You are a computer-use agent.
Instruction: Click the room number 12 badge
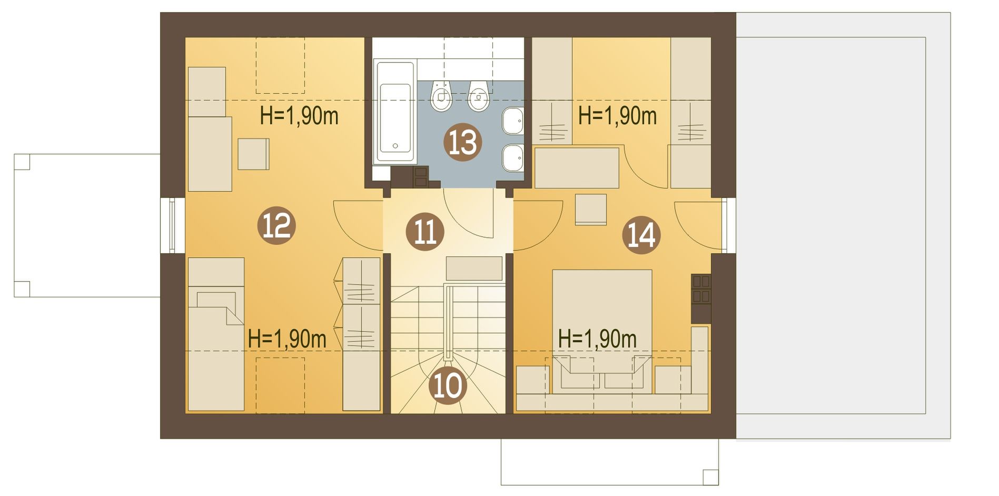coord(276,226)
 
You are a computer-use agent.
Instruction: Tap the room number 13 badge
coord(462,142)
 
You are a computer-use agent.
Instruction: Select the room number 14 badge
coord(641,235)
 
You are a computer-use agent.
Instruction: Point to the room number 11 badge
coord(425,232)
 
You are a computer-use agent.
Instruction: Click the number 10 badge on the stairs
coord(448,386)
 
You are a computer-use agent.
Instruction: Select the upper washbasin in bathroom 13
coord(512,121)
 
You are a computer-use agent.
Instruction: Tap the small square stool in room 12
coord(253,154)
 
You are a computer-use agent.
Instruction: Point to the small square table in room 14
coord(591,210)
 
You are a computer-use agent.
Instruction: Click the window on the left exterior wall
coord(172,225)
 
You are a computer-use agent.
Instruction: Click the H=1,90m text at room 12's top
coord(299,116)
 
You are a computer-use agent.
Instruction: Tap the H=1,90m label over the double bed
coord(597,339)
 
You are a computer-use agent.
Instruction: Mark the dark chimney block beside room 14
coord(701,299)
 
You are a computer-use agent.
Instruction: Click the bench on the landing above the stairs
coord(474,269)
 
